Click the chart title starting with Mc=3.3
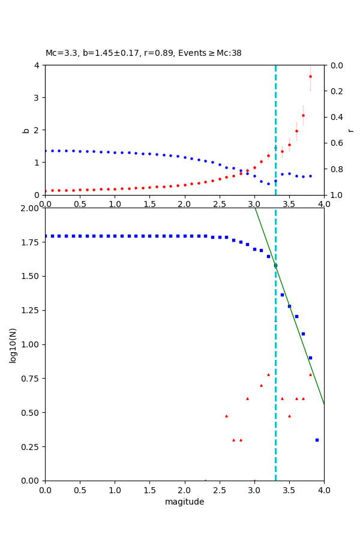tap(143, 53)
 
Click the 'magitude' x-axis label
tap(184, 502)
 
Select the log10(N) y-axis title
tap(13, 344)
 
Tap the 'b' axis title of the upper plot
tap(26, 130)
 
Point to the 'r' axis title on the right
tap(350, 130)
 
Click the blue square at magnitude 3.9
tap(317, 440)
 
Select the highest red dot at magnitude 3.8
tap(310, 76)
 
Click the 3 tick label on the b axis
tap(37, 98)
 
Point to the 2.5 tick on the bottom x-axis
tap(219, 490)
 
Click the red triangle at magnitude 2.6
tap(226, 416)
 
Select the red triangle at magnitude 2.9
tap(247, 398)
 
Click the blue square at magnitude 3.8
tap(310, 358)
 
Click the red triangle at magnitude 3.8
tap(310, 374)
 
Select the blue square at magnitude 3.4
tap(282, 295)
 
